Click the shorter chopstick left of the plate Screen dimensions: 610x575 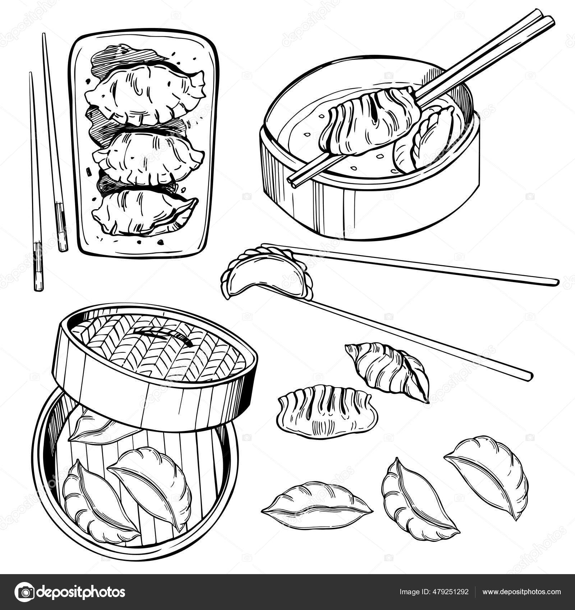tap(36, 179)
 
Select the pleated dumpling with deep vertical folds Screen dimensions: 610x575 tap(327, 411)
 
